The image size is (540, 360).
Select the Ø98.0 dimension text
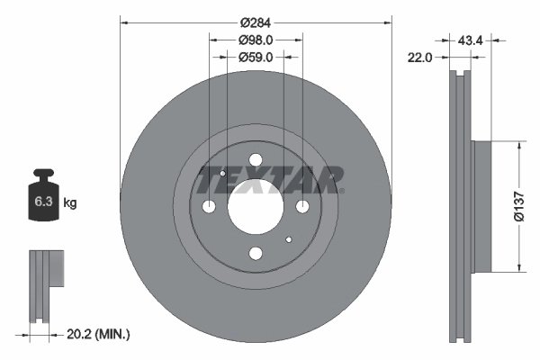256,40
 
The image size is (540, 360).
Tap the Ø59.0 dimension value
256,56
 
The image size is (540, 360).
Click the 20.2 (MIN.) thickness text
98,334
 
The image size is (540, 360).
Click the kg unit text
70,203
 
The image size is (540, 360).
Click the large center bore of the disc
255,207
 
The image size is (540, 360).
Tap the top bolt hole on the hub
256,161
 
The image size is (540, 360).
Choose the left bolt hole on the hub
210,208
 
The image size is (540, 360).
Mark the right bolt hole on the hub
302,208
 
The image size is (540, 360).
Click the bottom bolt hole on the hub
256,255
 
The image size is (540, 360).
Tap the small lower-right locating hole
288,240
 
